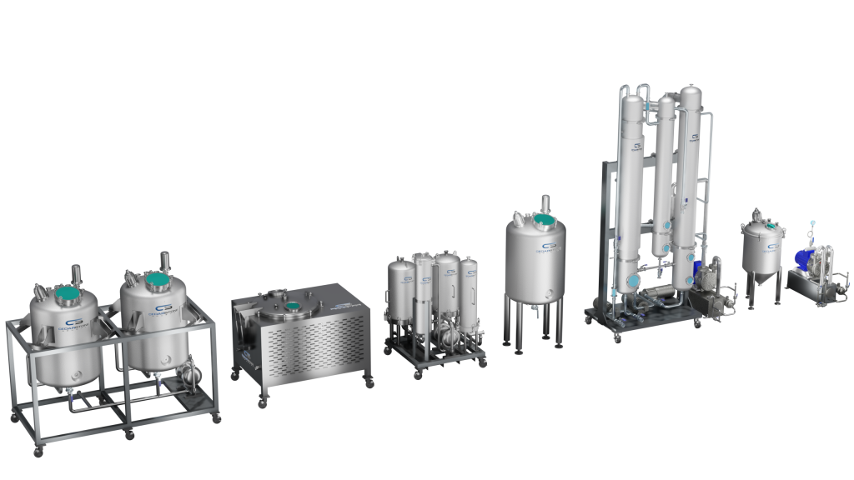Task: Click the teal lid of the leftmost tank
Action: [66, 293]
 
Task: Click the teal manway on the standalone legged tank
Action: [544, 222]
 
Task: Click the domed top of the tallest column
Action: [690, 93]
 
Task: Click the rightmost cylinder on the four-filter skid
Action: [470, 287]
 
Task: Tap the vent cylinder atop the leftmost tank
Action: [77, 272]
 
